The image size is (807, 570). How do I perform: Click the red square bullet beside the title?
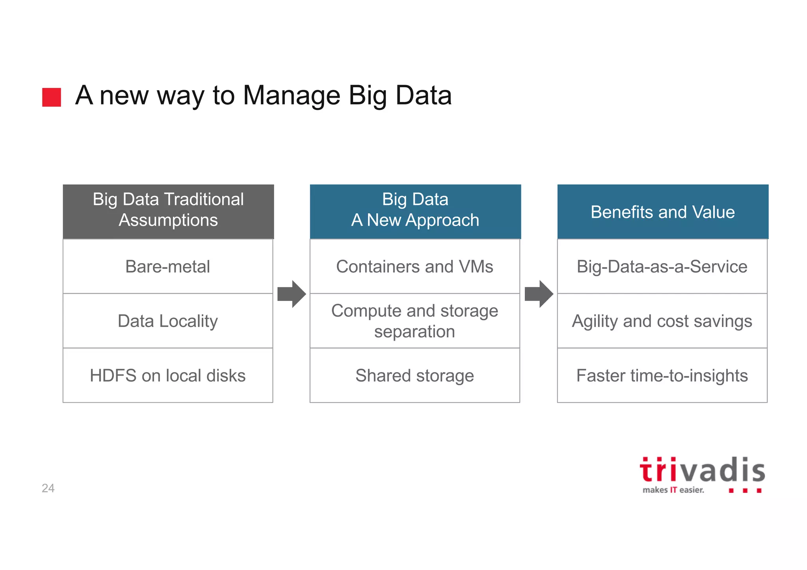click(x=52, y=97)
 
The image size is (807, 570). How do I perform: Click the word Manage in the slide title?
click(x=291, y=95)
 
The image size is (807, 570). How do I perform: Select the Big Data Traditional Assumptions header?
click(x=168, y=211)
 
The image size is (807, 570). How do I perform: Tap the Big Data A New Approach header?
click(x=415, y=211)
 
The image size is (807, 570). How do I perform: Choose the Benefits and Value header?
click(x=663, y=212)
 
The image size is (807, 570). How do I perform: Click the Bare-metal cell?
click(x=168, y=266)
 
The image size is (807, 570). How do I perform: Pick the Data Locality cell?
click(x=168, y=321)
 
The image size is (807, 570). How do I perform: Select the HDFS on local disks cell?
click(x=168, y=375)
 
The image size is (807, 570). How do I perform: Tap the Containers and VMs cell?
click(x=415, y=266)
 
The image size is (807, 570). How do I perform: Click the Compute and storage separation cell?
click(x=415, y=321)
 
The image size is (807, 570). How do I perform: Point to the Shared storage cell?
click(x=415, y=375)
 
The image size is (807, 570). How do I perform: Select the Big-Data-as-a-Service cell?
click(x=662, y=266)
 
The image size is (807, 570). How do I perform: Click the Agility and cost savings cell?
click(x=662, y=321)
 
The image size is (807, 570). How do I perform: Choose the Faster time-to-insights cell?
click(x=662, y=375)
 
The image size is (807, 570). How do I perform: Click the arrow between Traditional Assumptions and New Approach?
click(x=292, y=294)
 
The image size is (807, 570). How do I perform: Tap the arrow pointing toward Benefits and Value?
click(x=539, y=294)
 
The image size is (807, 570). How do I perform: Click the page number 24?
click(x=48, y=488)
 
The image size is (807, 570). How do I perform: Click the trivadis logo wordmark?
click(x=702, y=470)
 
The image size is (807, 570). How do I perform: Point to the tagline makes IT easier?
click(x=673, y=490)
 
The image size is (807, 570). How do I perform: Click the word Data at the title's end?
click(x=424, y=95)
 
